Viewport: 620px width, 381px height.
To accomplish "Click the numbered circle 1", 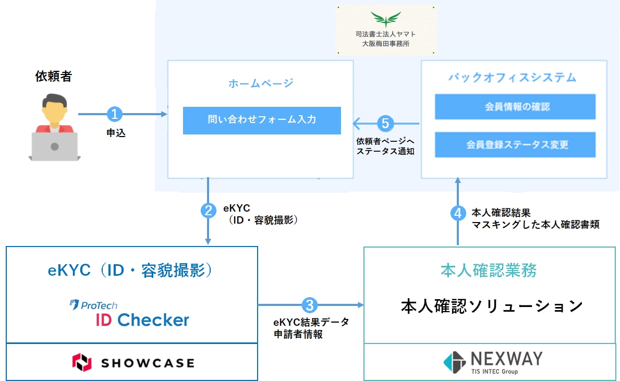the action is click(115, 114).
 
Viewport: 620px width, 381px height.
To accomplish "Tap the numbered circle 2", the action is click(208, 210).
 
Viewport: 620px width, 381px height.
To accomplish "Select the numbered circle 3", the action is click(310, 305).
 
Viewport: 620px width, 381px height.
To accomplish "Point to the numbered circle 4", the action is click(458, 213).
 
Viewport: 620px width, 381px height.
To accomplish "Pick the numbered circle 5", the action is click(385, 124).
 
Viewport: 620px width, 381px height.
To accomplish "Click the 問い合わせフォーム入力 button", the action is click(262, 120).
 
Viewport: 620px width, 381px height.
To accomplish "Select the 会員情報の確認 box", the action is click(515, 107).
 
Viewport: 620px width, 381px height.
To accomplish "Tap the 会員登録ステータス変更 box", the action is click(515, 145).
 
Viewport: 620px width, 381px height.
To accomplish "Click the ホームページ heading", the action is click(261, 83).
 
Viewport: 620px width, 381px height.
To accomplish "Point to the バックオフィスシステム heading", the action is click(513, 78).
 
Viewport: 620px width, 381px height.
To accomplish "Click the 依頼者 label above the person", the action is click(53, 76).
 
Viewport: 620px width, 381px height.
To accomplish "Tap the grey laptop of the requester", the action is click(55, 146).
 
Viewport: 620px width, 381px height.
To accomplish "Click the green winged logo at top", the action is click(386, 19).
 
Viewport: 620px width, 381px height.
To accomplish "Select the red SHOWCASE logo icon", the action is click(82, 362).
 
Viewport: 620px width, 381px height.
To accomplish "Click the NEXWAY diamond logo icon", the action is click(454, 362).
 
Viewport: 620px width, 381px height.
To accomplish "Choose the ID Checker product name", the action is click(142, 319).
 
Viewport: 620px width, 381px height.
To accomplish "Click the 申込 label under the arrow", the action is click(116, 133).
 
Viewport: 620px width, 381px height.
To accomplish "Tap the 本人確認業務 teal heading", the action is click(489, 271).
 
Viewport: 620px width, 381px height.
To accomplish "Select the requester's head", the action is click(55, 109).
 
